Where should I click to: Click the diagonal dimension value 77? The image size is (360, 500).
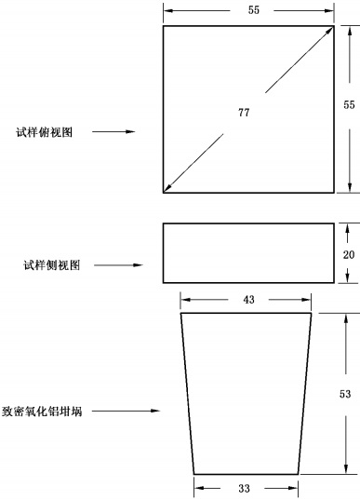(x=244, y=113)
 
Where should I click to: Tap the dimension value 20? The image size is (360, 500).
(x=347, y=252)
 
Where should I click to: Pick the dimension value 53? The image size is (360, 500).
(x=345, y=394)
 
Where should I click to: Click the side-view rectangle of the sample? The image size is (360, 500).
(x=248, y=252)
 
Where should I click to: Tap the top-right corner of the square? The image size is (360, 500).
(x=334, y=26)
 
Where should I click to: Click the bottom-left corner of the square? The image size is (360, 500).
(x=164, y=193)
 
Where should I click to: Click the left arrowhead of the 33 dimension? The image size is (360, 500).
(x=198, y=486)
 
